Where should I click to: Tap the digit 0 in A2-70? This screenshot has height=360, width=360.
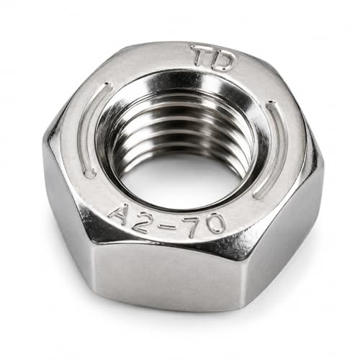click(x=215, y=222)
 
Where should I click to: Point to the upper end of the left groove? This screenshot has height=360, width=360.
click(x=107, y=86)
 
